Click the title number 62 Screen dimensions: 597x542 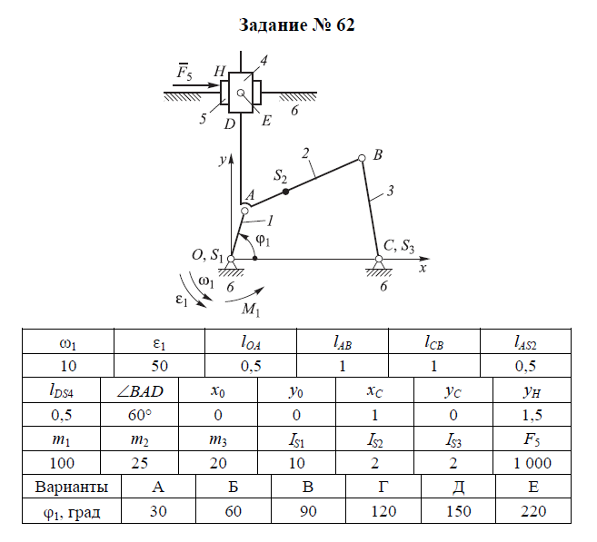pos(345,25)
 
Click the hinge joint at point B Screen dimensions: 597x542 pos(362,158)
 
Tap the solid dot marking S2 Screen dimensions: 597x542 pos(285,192)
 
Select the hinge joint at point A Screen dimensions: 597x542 pos(244,211)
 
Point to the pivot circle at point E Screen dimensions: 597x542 pos(240,93)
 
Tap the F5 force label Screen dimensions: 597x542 pos(184,71)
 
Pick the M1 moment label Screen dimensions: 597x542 pos(251,310)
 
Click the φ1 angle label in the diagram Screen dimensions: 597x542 pos(263,240)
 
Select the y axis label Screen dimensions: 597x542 pos(223,160)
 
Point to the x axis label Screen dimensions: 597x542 pos(423,268)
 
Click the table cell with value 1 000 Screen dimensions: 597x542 pos(532,463)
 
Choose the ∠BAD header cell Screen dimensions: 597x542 pos(140,390)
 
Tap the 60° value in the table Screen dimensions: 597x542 pos(140,415)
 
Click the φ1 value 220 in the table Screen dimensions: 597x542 pos(533,511)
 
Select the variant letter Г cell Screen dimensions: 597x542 pos(383,487)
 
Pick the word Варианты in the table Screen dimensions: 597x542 pos(72,487)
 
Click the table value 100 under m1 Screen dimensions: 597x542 pos(62,463)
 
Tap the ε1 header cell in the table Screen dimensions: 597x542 pos(160,342)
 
